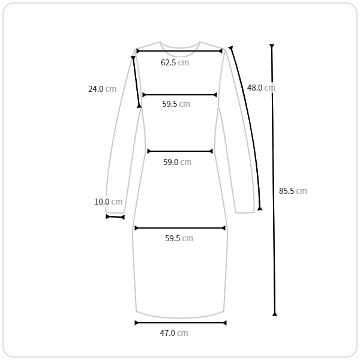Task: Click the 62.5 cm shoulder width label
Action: (x=175, y=62)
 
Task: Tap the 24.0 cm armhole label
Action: (x=103, y=89)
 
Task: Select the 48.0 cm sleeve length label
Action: (x=261, y=88)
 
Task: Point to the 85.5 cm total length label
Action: (x=293, y=191)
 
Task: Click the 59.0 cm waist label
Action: (x=177, y=162)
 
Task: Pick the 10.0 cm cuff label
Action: (x=109, y=202)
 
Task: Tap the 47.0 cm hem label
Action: (x=174, y=333)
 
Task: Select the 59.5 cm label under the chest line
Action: (x=176, y=104)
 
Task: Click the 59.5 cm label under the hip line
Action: (x=179, y=238)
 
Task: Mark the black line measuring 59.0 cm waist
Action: (x=180, y=151)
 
